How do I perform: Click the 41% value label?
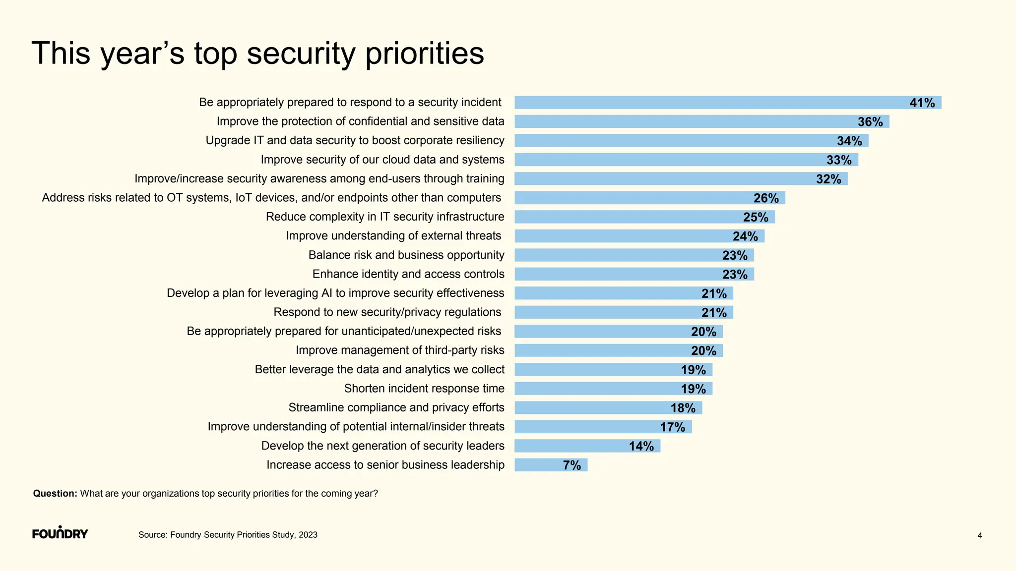point(922,103)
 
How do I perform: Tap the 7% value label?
point(571,465)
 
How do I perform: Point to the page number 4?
point(979,536)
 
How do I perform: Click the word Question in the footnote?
point(55,494)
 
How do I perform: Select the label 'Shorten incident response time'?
point(424,389)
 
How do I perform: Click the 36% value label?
point(870,122)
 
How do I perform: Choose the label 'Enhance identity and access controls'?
point(408,274)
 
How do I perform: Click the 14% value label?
point(641,446)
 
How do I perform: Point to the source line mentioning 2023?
point(228,535)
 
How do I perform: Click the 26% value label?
point(766,198)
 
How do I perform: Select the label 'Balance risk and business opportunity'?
point(406,255)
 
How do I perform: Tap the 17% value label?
point(672,427)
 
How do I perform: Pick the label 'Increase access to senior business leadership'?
point(385,465)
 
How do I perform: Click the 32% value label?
point(828,179)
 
